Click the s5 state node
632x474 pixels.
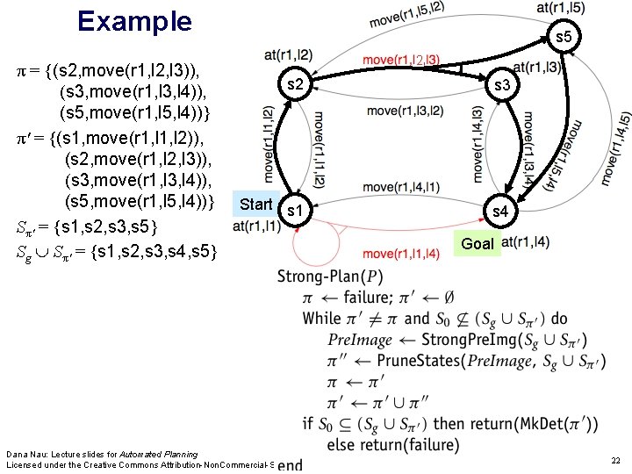(x=563, y=37)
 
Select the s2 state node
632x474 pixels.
(x=296, y=85)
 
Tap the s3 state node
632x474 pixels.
(x=503, y=86)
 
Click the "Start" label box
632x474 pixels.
(x=256, y=204)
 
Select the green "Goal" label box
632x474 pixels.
(x=478, y=243)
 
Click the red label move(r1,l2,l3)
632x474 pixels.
(x=402, y=60)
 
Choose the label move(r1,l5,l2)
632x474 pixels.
(x=406, y=14)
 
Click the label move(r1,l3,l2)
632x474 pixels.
(x=404, y=111)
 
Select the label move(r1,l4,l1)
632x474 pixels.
(x=401, y=186)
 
